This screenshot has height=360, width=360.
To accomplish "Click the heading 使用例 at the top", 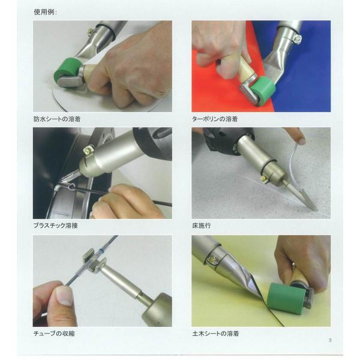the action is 45,12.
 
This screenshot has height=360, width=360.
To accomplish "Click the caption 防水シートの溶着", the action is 57,119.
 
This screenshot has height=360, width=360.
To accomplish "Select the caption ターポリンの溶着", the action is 215,119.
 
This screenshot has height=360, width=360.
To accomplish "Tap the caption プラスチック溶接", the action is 56,226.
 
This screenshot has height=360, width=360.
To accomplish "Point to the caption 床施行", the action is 202,226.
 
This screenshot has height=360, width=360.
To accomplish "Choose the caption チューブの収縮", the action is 54,333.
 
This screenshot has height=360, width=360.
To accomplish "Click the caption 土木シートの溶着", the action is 215,333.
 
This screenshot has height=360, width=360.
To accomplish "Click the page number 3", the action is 330,340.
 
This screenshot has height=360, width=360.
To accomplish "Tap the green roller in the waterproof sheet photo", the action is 67,68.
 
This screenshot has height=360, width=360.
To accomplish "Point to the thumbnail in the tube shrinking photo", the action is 62,298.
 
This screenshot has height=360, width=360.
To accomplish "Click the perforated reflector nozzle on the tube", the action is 94,262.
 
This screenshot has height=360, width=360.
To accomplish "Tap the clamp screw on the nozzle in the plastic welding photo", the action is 88,150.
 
